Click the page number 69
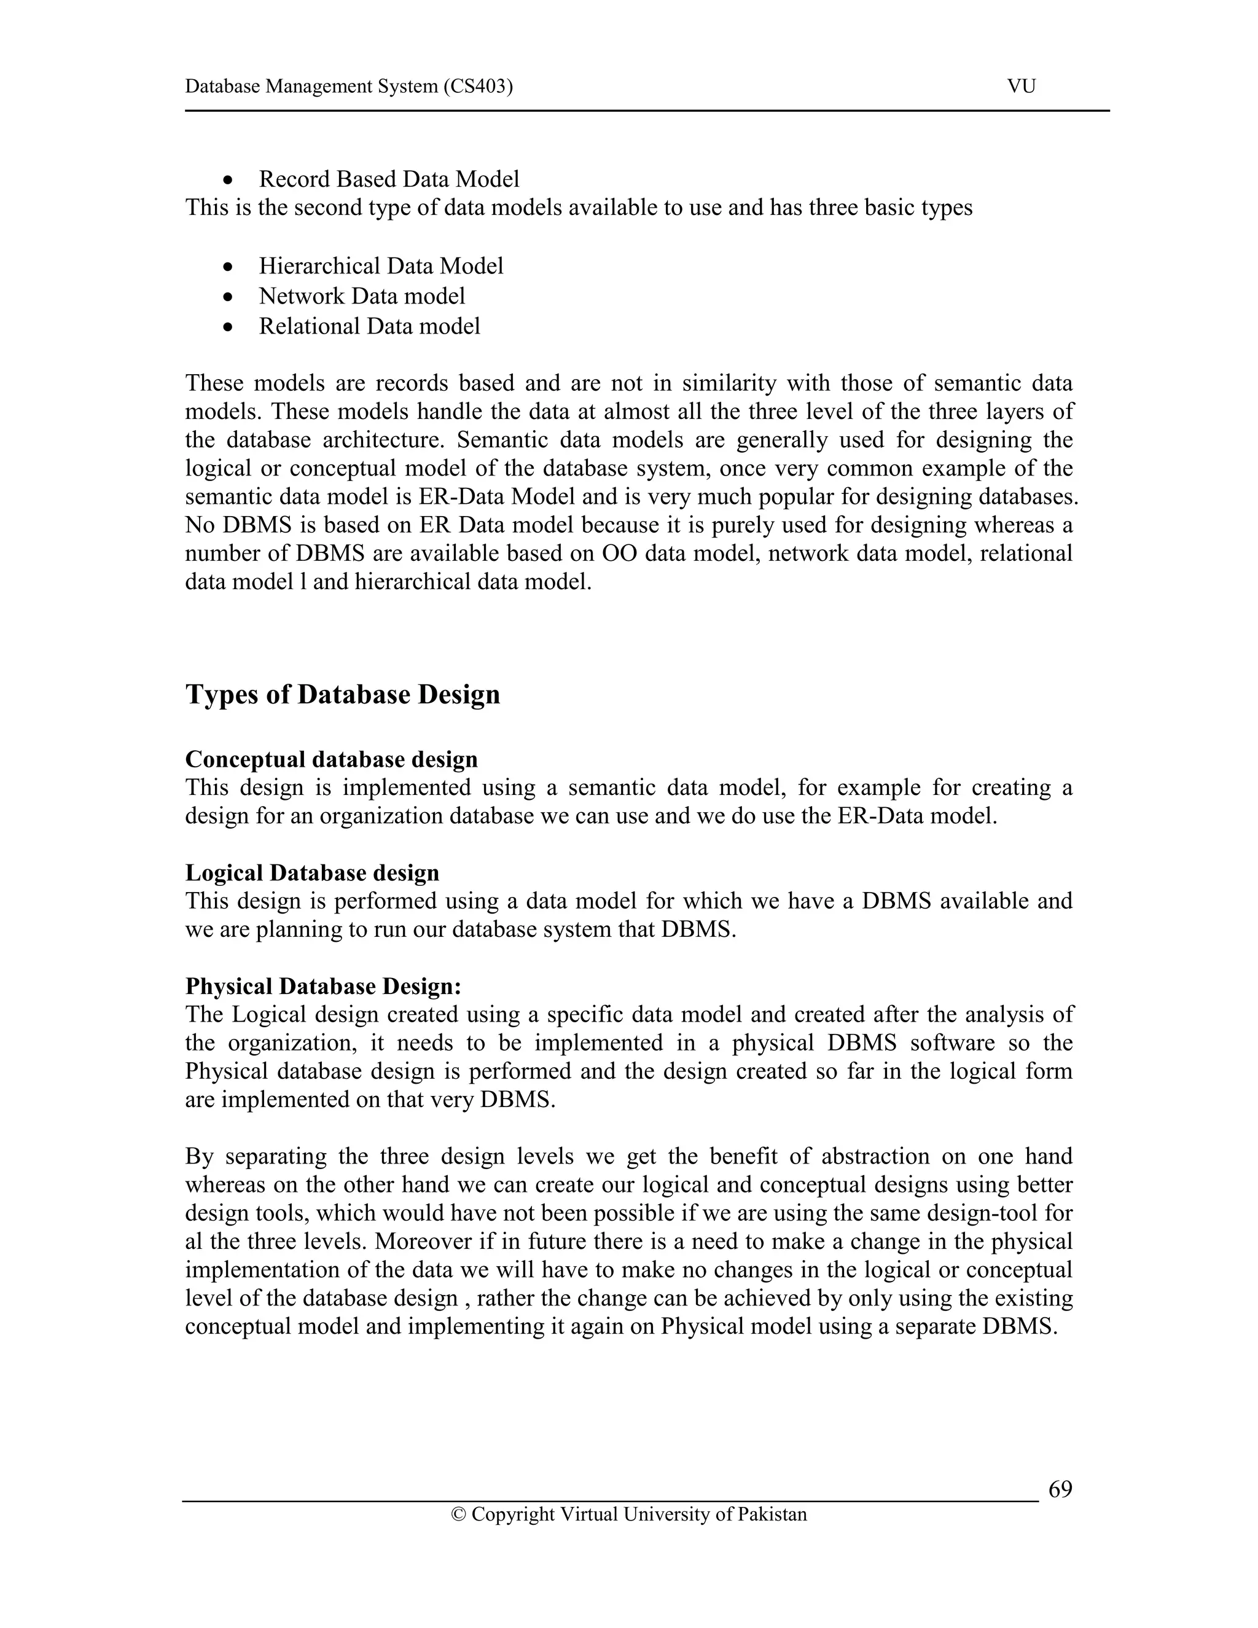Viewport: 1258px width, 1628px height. pyautogui.click(x=1060, y=1489)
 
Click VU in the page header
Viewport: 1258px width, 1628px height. pyautogui.click(x=1021, y=87)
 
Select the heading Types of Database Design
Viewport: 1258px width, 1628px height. pyautogui.click(x=342, y=694)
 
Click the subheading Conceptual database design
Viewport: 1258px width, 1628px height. pyautogui.click(x=331, y=759)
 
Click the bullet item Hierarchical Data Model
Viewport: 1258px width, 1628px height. pyautogui.click(x=381, y=266)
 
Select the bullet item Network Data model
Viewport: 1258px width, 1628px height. pyautogui.click(x=361, y=296)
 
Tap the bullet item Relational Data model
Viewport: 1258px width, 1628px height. pyautogui.click(x=369, y=326)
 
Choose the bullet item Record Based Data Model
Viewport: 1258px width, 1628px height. pyautogui.click(x=388, y=179)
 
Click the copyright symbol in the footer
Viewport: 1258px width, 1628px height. pyautogui.click(x=458, y=1515)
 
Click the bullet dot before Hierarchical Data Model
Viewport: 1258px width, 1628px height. pyautogui.click(x=229, y=267)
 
